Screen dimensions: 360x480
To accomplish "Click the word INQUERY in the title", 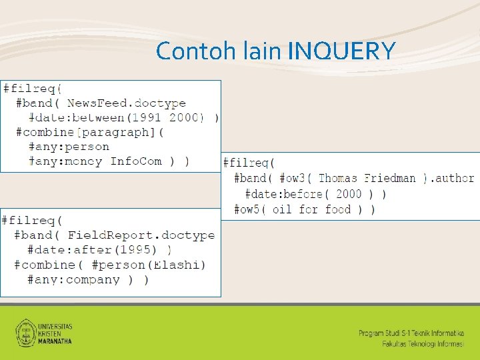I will tap(343, 51).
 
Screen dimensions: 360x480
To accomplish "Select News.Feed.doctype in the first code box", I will tap(126, 103).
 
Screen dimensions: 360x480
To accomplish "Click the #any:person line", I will tap(69, 147).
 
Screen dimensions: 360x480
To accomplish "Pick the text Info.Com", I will tap(136, 161).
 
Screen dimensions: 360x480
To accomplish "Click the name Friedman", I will tap(390, 179).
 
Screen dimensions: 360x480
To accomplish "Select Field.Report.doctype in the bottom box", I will tap(141, 235).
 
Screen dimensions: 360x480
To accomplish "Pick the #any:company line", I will tap(73, 279).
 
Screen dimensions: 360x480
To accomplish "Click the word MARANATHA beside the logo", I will tap(55, 341).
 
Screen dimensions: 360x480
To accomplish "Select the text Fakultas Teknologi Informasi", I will tap(423, 343).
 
